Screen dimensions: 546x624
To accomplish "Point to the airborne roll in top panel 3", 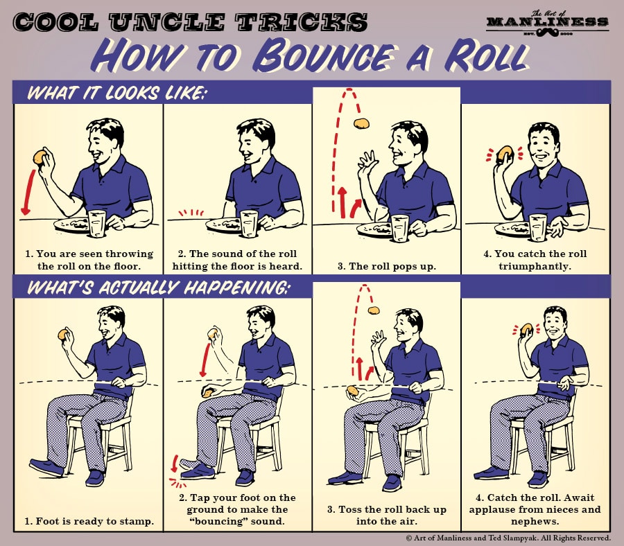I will (x=361, y=124).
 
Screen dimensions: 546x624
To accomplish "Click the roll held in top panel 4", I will (x=505, y=152).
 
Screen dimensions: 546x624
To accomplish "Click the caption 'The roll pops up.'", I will (x=387, y=266).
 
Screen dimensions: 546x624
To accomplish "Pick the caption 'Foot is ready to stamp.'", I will (x=88, y=520).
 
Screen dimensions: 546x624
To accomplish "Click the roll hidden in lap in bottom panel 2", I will (x=207, y=393).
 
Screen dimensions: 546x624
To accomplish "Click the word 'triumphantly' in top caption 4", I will (x=535, y=266).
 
